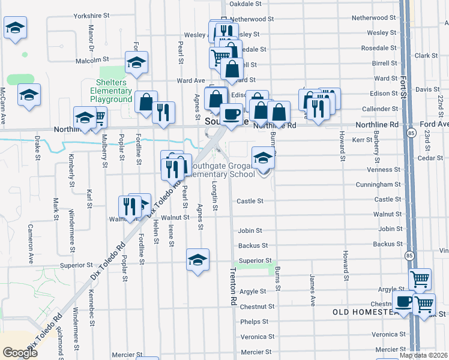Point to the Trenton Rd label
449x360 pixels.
click(x=233, y=287)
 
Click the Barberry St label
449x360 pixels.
click(x=376, y=147)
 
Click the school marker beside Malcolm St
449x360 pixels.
click(x=137, y=62)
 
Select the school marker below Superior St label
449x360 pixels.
click(x=197, y=259)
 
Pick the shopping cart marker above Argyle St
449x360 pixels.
click(x=420, y=278)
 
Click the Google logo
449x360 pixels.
click(x=20, y=353)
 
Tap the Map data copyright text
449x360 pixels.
click(x=423, y=355)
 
